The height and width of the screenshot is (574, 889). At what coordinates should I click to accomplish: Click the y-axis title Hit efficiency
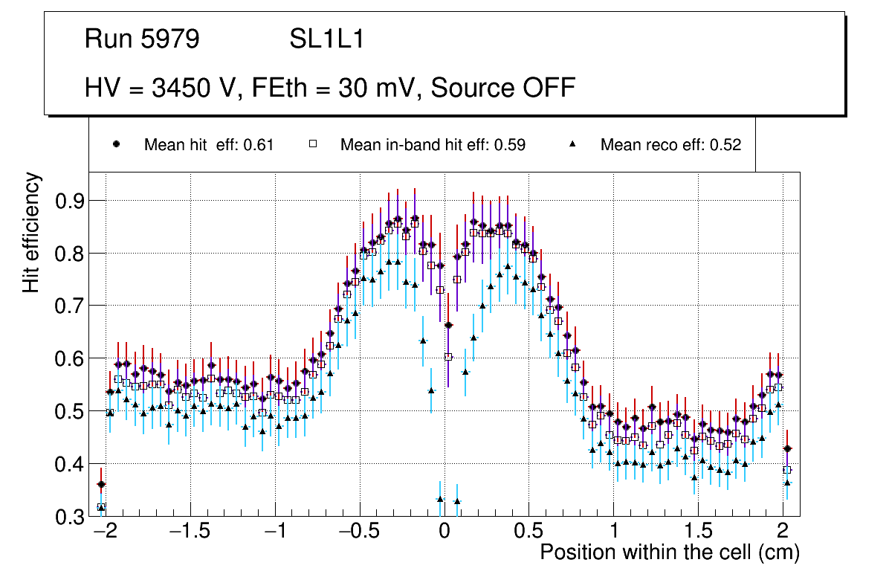pos(31,232)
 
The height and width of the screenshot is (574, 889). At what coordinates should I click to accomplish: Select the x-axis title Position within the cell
pos(669,553)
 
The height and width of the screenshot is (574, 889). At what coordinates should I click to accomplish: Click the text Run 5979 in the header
pos(142,39)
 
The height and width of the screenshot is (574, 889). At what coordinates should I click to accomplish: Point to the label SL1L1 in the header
pos(326,39)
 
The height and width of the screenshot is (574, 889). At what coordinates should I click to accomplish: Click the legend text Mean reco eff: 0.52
pos(670,145)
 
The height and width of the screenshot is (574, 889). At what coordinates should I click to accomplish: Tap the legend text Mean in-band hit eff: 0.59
pos(433,145)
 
